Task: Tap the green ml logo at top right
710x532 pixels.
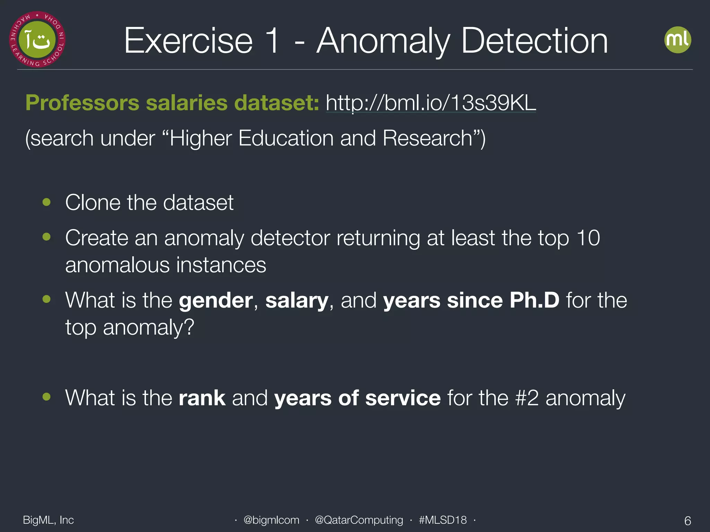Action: [x=677, y=40]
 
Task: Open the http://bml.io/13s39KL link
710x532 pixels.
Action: [x=431, y=103]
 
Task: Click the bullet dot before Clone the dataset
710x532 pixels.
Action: [x=46, y=202]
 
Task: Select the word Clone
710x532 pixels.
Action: [x=93, y=202]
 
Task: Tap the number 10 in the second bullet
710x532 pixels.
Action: [x=588, y=238]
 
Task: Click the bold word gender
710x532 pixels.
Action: [x=216, y=300]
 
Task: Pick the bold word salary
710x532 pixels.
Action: [x=296, y=300]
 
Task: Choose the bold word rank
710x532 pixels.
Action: [x=202, y=398]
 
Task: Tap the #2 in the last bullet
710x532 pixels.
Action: [x=527, y=398]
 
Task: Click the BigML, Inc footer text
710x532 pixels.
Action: [x=48, y=520]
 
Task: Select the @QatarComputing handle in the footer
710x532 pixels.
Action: [x=359, y=520]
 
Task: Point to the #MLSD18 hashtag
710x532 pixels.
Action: [x=442, y=520]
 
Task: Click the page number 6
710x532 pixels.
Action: [x=687, y=521]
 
